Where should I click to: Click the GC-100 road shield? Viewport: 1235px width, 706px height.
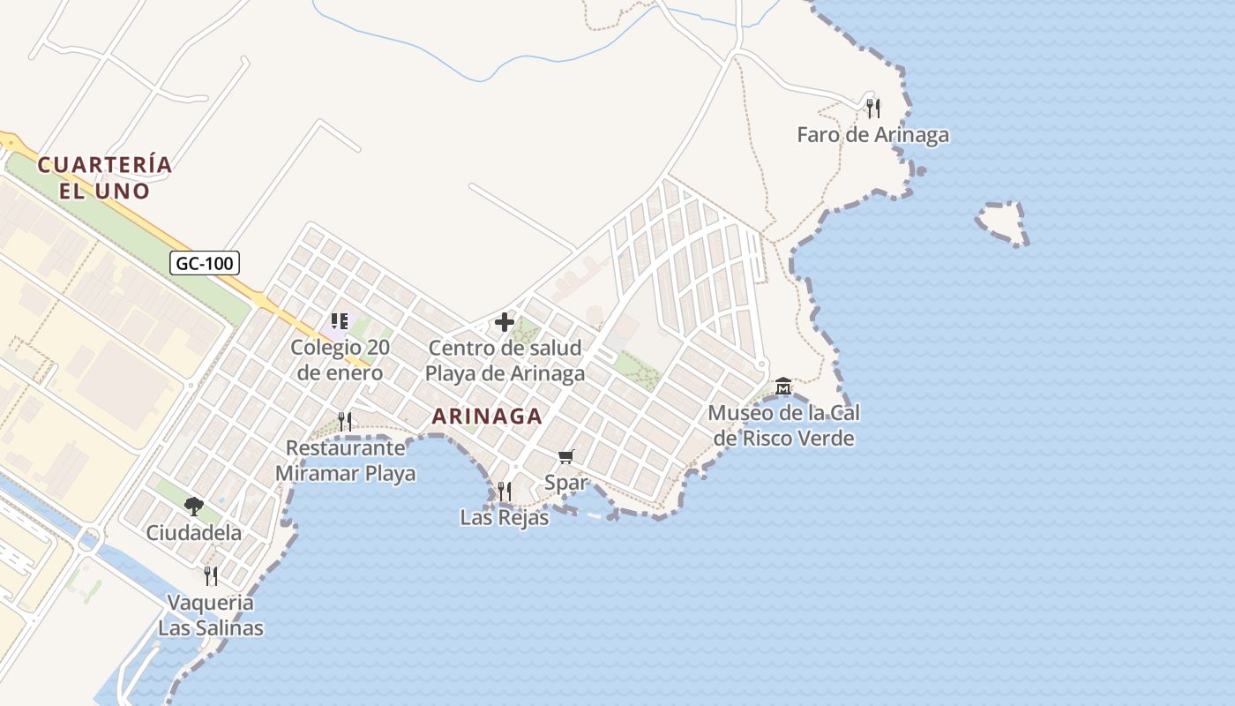tap(205, 262)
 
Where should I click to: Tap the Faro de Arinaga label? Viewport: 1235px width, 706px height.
tap(872, 135)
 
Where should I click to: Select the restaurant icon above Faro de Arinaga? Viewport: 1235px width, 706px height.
tap(872, 108)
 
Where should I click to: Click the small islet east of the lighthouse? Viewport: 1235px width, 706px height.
tap(1004, 223)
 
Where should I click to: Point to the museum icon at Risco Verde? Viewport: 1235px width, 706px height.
tap(782, 387)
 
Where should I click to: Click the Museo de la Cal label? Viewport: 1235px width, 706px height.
tap(783, 424)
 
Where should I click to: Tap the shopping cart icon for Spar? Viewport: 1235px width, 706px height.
tap(565, 456)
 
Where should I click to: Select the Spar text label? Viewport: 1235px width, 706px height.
tap(565, 483)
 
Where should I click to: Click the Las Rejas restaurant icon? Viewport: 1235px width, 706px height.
tap(504, 491)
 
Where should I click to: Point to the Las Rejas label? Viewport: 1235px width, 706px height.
tap(504, 517)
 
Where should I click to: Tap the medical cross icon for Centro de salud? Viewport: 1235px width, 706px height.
tap(505, 322)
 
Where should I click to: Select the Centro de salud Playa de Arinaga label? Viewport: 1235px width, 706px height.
tap(505, 360)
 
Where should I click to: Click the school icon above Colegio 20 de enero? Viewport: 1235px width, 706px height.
tap(340, 321)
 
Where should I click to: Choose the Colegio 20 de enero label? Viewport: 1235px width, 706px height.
tap(340, 359)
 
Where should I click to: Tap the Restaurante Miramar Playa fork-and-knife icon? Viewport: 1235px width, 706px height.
tap(345, 421)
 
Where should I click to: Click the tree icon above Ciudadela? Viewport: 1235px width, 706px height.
tap(194, 506)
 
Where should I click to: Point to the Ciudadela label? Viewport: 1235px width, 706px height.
tap(194, 532)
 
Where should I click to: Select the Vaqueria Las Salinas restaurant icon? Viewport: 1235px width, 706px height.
tap(211, 575)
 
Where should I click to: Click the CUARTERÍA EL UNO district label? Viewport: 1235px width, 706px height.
tap(105, 176)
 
